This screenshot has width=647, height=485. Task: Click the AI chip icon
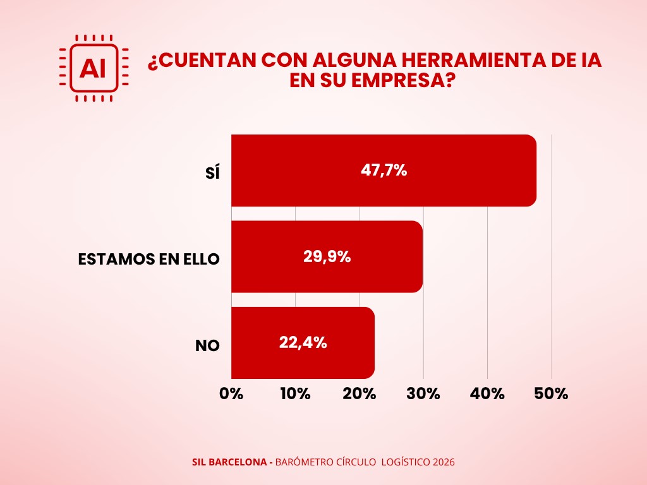point(94,68)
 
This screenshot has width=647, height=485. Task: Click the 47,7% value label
point(384,171)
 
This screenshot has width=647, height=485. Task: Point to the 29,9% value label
point(327,256)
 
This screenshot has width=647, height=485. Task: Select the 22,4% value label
point(303,342)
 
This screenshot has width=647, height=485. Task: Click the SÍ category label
point(212,172)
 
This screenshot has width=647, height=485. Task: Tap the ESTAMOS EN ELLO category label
point(148,259)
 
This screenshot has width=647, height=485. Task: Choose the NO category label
point(207,345)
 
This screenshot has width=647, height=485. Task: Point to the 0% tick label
point(231,393)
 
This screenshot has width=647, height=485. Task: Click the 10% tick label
point(295,393)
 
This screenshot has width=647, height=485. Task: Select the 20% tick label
point(360,393)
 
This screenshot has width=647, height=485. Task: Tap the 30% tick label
point(423,393)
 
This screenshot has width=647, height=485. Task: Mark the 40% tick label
point(488,393)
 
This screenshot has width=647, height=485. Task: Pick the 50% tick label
point(552,393)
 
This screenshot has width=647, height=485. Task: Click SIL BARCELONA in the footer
point(229,462)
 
